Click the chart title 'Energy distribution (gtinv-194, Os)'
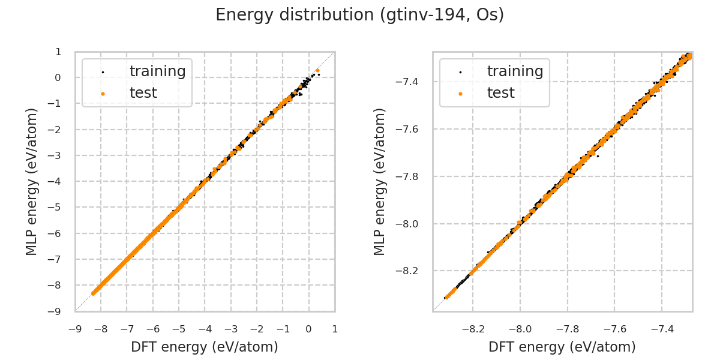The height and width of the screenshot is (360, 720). (360, 15)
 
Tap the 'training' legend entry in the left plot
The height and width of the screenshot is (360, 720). (157, 71)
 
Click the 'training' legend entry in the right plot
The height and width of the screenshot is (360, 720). (515, 71)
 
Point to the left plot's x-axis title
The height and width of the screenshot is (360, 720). (205, 347)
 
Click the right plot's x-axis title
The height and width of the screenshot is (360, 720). (562, 347)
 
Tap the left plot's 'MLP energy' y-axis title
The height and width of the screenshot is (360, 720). (32, 181)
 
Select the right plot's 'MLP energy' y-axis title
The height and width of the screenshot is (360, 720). (380, 181)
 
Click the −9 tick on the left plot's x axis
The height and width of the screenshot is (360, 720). (75, 329)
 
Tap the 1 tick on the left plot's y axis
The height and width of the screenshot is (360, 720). (58, 52)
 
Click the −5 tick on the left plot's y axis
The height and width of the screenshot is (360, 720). (56, 207)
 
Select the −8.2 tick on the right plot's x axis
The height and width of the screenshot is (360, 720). (473, 329)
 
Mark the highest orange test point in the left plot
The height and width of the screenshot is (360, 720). (317, 70)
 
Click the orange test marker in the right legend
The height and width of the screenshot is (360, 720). (460, 94)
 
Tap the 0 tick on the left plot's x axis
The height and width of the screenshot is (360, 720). (308, 329)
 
